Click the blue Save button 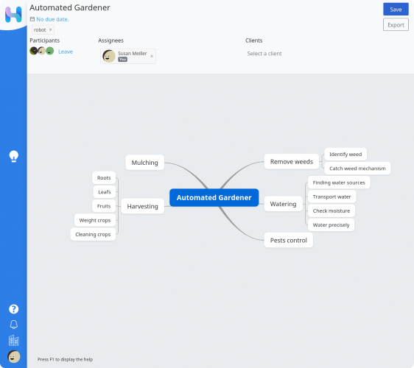pos(396,10)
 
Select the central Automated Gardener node pos(214,197)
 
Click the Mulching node pos(144,163)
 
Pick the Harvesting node pos(143,206)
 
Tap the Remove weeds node pos(292,162)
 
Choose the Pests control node pos(289,241)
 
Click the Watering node pos(284,204)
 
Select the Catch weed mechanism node pos(357,169)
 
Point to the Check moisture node pos(331,210)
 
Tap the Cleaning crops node pos(93,235)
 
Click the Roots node pos(104,178)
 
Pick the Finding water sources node pos(339,183)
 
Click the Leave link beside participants pos(66,52)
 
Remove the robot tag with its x pos(50,30)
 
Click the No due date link pos(52,19)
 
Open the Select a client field pos(264,54)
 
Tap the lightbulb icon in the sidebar pos(14,156)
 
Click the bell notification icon pos(14,325)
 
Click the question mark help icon pos(14,309)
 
